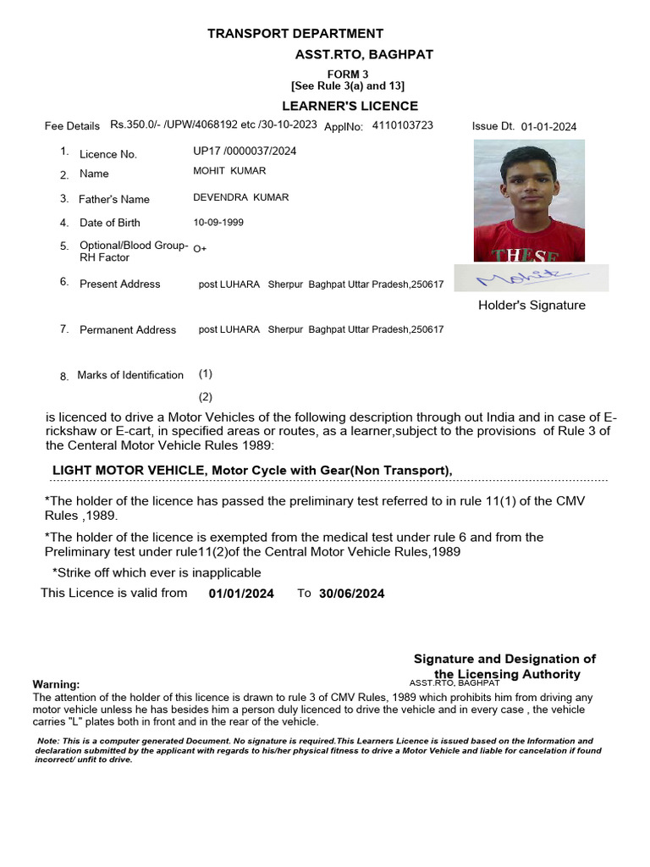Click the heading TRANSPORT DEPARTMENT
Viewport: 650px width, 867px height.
click(x=295, y=34)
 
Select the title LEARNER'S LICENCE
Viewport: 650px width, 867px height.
click(x=350, y=106)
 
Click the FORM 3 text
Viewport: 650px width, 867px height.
click(x=348, y=75)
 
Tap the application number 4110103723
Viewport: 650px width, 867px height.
click(x=402, y=125)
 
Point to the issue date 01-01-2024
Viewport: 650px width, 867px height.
click(x=548, y=127)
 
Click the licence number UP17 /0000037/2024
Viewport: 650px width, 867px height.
click(x=245, y=152)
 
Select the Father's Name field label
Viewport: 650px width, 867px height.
click(x=113, y=200)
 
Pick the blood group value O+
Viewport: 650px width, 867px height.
click(x=200, y=249)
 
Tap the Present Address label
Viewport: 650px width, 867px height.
click(x=119, y=284)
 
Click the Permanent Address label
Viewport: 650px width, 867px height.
click(x=128, y=330)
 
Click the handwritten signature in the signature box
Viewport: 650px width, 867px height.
click(x=530, y=277)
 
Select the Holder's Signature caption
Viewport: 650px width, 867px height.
click(x=532, y=306)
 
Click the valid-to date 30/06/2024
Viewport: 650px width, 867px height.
click(x=351, y=594)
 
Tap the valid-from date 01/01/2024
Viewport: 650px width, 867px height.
click(x=241, y=594)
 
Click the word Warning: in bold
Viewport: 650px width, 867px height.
click(x=56, y=684)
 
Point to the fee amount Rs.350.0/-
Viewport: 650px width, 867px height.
click(x=140, y=124)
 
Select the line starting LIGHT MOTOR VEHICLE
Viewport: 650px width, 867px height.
click(x=252, y=471)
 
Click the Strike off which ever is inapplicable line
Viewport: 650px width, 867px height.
click(x=157, y=573)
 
